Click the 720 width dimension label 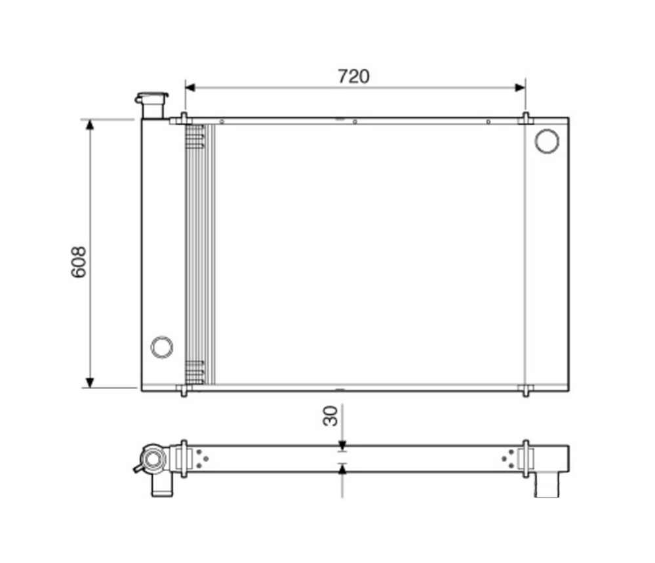(x=353, y=77)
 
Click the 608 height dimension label (x=79, y=262)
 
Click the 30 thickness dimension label (x=330, y=415)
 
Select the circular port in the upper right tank (x=547, y=141)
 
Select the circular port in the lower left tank (x=162, y=347)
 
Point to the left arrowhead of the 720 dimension (x=190, y=87)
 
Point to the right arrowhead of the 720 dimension (x=520, y=87)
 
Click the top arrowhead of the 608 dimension (x=90, y=125)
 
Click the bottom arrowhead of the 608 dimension (x=90, y=383)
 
